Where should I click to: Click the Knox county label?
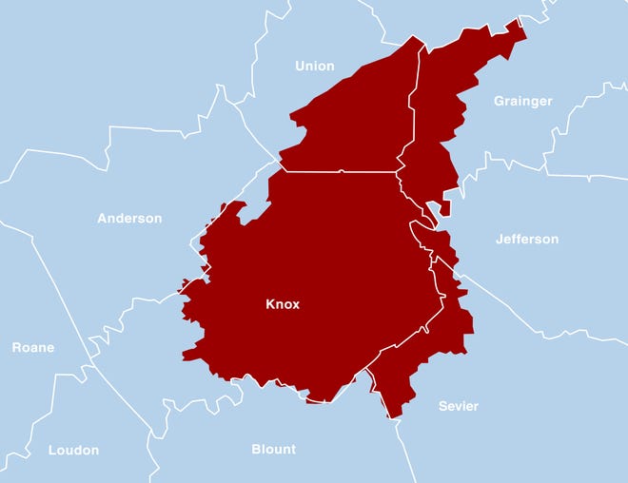click(x=283, y=304)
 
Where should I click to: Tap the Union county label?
click(x=315, y=66)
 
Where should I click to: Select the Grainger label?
click(x=523, y=101)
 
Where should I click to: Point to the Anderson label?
click(x=129, y=218)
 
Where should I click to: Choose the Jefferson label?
click(x=527, y=239)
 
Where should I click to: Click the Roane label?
click(x=33, y=347)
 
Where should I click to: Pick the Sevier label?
click(x=459, y=406)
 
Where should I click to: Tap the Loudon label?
click(x=73, y=450)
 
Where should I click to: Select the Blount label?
click(x=274, y=449)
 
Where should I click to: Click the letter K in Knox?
click(x=270, y=304)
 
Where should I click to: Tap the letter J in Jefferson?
click(x=499, y=239)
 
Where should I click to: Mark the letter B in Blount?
click(x=256, y=449)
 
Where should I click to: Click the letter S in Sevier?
click(x=442, y=406)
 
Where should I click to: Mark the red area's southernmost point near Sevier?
click(x=391, y=415)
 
